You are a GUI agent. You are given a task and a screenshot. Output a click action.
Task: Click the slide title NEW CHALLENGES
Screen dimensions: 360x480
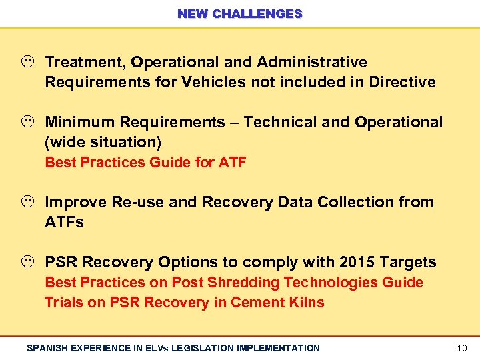240,13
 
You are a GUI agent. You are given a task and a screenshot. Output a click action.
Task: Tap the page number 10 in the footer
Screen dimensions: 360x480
462,348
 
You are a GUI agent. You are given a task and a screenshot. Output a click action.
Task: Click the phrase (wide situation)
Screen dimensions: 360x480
103,143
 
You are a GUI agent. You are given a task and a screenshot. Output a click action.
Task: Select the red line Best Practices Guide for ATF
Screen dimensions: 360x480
145,163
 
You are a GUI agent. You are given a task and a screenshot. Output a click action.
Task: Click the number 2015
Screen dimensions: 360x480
355,262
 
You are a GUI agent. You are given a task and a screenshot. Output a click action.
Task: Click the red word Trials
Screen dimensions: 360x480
64,303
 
